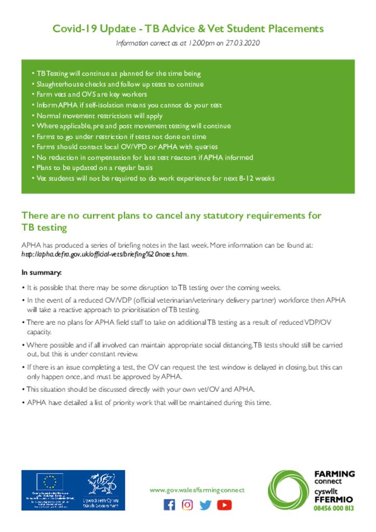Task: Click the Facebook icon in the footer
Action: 169,504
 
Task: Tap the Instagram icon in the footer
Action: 187,504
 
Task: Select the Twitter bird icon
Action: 206,504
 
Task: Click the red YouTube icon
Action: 224,504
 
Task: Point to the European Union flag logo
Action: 50,482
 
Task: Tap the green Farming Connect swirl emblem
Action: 289,490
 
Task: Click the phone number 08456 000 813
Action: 334,508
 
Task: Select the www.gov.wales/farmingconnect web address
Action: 196,490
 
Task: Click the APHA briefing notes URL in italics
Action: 104,255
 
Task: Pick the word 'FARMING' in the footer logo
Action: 334,474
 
